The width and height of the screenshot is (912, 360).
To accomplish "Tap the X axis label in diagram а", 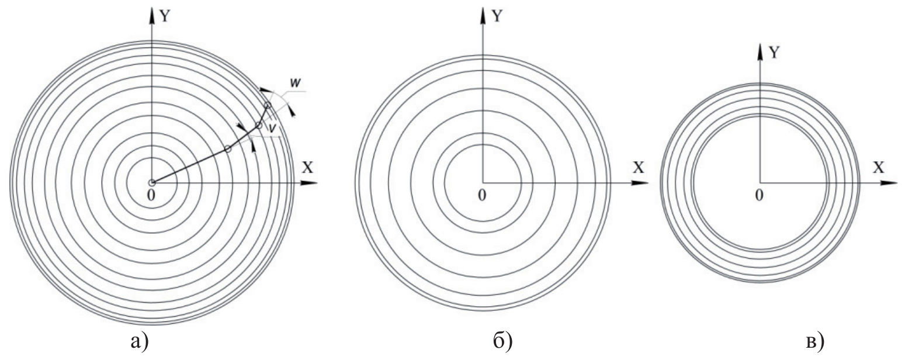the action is (307, 167).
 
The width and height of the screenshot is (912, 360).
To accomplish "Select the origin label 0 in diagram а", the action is (151, 195).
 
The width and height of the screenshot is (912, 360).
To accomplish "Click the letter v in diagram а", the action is (273, 127).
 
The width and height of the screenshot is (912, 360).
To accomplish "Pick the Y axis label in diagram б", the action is (497, 16).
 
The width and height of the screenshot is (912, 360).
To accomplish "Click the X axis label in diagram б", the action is (639, 167).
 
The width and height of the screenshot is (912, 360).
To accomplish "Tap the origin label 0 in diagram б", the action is (482, 195).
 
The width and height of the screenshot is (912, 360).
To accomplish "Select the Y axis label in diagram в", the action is (773, 52).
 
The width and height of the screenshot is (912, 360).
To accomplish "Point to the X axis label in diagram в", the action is (879, 167).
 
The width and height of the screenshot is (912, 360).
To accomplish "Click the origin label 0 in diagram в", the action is (759, 195).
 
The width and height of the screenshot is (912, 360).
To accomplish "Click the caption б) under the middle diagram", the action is (503, 341).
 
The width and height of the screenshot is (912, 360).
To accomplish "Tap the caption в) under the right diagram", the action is (816, 341).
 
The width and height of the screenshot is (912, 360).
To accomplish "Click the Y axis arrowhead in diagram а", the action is (151, 15).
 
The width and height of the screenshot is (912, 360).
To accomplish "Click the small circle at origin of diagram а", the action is (151, 183).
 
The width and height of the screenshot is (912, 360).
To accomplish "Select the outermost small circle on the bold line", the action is (268, 105).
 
